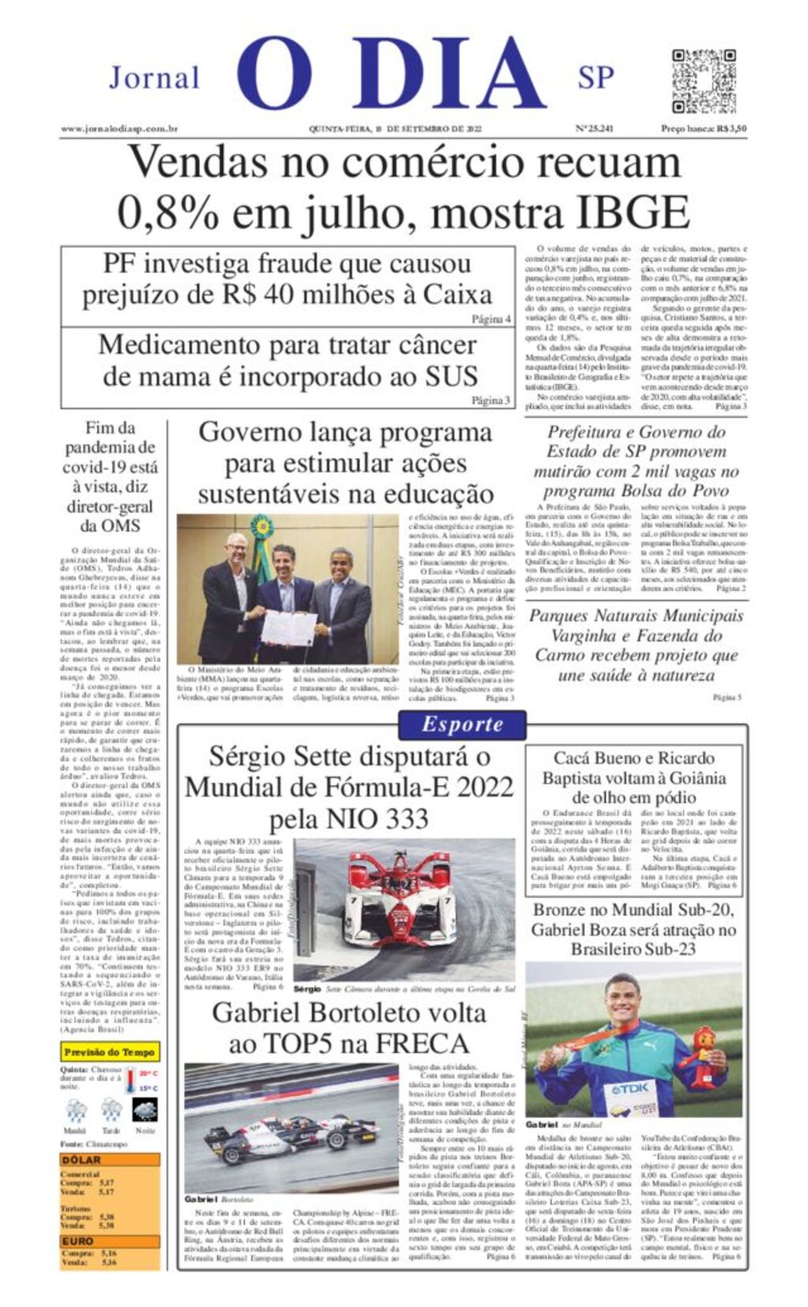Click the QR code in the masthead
tap(703, 81)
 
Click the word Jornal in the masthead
tap(154, 78)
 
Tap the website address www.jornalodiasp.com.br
tap(119, 129)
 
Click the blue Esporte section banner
tap(462, 724)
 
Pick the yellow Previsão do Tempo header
tap(110, 1052)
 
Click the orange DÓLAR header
tap(82, 1159)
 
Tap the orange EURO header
tap(78, 1241)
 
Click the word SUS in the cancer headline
tap(451, 376)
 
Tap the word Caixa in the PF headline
tap(458, 294)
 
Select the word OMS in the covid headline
tap(122, 526)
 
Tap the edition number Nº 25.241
tap(594, 129)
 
